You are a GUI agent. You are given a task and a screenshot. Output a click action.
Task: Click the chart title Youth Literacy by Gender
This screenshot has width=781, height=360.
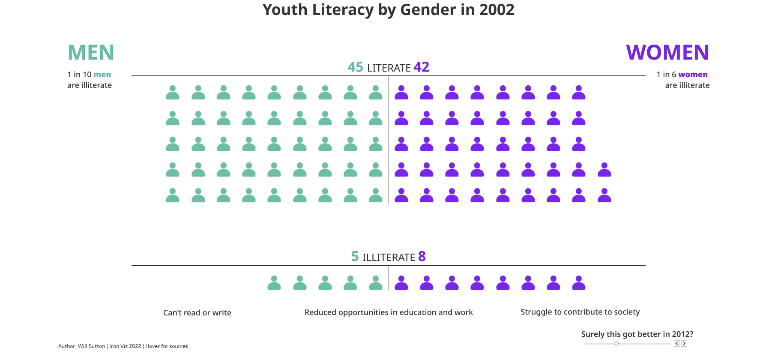pos(388,10)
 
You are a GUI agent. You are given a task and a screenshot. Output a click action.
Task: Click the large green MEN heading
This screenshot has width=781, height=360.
pos(91,53)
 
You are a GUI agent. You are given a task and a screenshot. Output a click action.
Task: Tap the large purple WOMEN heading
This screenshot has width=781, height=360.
pos(667,53)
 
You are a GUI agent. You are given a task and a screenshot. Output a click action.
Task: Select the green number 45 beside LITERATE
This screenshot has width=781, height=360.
pos(355,67)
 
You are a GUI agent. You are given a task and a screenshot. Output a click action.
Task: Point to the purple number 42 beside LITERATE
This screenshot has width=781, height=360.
pos(421,67)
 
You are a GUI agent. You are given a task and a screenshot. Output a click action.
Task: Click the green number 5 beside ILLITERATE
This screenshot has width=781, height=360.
pos(355,257)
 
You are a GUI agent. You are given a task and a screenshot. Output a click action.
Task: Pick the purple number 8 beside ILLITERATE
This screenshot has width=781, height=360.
pos(422,257)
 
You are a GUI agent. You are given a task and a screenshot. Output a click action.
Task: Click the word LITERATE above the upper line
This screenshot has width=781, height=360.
pos(389,68)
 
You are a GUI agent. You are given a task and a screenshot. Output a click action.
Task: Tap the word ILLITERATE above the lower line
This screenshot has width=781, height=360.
pos(389,258)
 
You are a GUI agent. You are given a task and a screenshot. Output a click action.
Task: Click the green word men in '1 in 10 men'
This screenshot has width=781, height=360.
pos(102,75)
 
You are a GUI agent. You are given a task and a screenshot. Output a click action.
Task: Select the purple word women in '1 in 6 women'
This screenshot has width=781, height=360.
pos(693,75)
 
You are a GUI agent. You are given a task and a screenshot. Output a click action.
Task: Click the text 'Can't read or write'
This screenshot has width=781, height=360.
pos(197,313)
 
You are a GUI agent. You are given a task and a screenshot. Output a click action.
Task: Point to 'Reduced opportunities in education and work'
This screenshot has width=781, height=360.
pos(389,312)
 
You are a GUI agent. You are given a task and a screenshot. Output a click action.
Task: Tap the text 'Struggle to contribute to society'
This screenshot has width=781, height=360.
pos(580,312)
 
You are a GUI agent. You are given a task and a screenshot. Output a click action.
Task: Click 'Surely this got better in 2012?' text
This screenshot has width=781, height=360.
pos(637,334)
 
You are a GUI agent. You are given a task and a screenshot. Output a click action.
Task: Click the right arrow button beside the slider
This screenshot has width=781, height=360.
pos(684,344)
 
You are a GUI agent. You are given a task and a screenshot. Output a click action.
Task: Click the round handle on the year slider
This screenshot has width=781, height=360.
pos(616,344)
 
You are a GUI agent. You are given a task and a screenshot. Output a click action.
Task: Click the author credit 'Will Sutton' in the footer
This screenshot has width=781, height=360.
pos(91,346)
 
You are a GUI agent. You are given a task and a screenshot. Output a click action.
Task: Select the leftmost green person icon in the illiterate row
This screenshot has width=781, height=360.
pos(274,283)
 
